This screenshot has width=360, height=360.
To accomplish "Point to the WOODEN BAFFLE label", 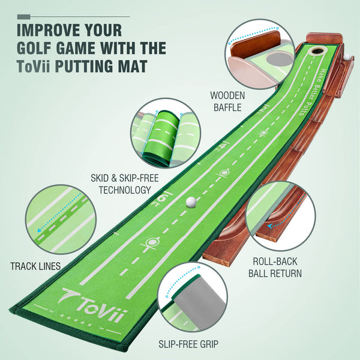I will tap(226, 102).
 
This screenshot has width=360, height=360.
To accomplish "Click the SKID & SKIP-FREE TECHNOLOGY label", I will tap(121, 184).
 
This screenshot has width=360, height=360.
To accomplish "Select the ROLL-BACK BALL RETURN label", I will tap(275, 268).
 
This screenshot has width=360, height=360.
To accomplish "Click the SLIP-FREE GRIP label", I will tap(188, 344).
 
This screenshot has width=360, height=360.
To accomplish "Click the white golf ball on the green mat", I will tap(191, 202).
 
